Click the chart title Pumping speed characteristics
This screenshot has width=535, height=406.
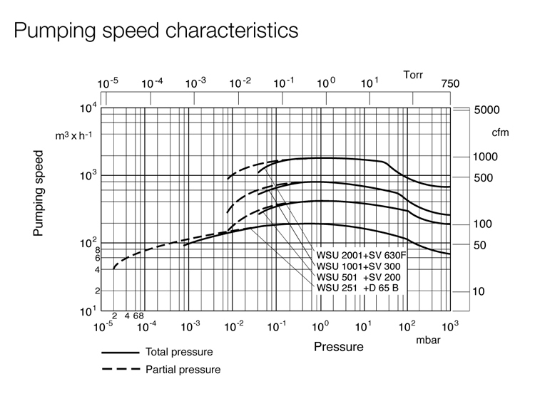[155, 31]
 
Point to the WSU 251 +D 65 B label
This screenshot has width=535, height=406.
[357, 287]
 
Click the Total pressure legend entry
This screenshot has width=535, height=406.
[178, 352]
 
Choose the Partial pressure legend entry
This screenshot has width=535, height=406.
[183, 369]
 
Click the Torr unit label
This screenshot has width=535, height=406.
[413, 73]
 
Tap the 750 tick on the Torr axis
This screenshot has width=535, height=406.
[450, 84]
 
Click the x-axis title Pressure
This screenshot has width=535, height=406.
[338, 348]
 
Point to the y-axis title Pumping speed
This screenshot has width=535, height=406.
[39, 193]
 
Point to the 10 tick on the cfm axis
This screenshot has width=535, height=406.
[480, 292]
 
